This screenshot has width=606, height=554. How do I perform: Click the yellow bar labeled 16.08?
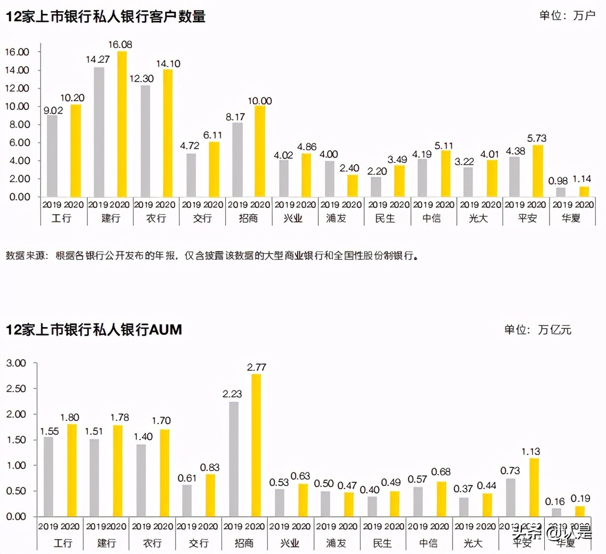tap(122, 124)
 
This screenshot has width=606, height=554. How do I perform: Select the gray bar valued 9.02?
tap(52, 156)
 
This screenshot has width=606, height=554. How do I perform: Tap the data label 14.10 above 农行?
tap(169, 64)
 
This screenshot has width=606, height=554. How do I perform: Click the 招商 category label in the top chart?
tap(248, 218)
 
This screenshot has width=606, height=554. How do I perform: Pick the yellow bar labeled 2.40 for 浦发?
tap(352, 186)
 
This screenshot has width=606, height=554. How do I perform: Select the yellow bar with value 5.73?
tap(538, 171)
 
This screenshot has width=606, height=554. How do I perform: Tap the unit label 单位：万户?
tap(567, 15)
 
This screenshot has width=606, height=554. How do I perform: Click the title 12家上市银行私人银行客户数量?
tap(105, 17)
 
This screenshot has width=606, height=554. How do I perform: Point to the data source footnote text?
tap(212, 256)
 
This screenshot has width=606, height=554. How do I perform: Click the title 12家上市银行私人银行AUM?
tap(94, 330)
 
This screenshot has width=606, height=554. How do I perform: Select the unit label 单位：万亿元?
tap(538, 330)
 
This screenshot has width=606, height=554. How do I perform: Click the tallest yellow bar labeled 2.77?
tap(257, 445)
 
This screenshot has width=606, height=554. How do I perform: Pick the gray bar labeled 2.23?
tap(233, 459)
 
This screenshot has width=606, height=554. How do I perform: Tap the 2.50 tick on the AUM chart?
tap(16, 388)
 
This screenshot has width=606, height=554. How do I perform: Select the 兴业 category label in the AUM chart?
tap(291, 543)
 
